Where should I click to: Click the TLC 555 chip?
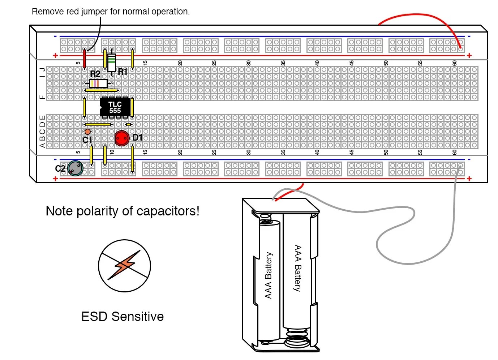[115, 107]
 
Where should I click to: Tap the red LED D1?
[122, 138]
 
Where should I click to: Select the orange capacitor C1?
[87, 132]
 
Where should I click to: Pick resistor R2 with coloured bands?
[98, 83]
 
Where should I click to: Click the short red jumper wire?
[85, 59]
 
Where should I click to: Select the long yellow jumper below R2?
[101, 90]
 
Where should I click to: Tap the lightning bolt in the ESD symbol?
[125, 265]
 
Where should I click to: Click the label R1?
[123, 72]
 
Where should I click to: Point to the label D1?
[138, 137]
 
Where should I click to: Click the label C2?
[60, 168]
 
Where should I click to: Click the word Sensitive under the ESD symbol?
[138, 317]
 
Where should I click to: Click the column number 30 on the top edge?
[248, 63]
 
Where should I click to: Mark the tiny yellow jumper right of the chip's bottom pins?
[128, 124]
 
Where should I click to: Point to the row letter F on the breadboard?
[43, 97]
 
